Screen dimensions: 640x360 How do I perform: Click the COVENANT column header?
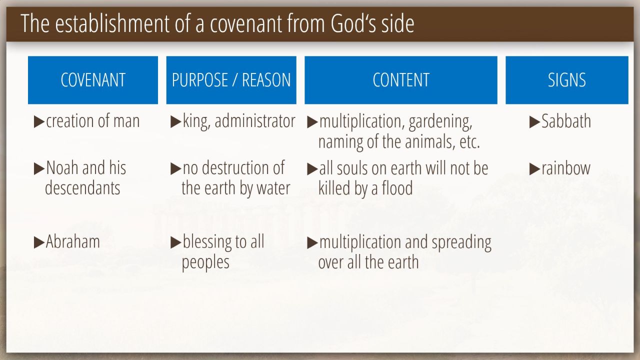point(93,80)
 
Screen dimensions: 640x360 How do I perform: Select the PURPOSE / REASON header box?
point(231,80)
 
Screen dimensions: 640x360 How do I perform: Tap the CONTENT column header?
point(401,80)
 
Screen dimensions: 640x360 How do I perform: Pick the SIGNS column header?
point(567,80)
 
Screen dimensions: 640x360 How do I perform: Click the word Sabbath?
point(566,121)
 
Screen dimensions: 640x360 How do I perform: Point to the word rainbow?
point(566,168)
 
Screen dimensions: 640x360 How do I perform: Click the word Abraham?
point(73,241)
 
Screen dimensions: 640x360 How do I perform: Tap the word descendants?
point(82,188)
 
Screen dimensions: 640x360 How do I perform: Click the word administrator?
point(255,121)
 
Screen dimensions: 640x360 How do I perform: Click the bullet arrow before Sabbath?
point(534,122)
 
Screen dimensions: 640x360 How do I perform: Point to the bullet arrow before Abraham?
point(39,242)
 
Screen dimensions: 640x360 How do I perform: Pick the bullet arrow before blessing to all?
point(175,242)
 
